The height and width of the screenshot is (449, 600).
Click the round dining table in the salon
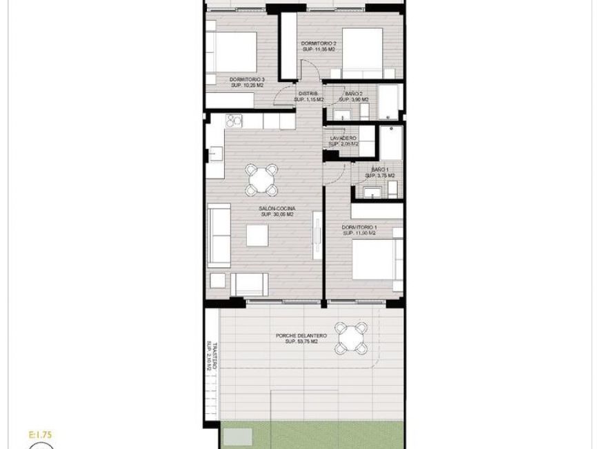pyautogui.click(x=261, y=180)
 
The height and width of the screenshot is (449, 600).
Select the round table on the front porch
pyautogui.click(x=352, y=337)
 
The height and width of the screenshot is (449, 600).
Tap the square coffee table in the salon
pyautogui.click(x=258, y=236)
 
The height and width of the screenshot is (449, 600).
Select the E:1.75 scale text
pyautogui.click(x=41, y=435)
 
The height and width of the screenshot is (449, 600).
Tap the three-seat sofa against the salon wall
pyautogui.click(x=219, y=236)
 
